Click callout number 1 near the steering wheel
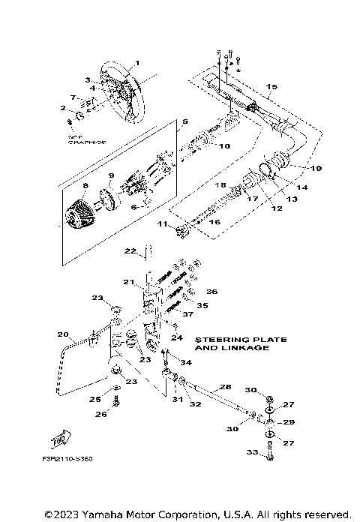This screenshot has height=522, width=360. tap(137, 63)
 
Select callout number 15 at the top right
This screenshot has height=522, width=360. tap(271, 87)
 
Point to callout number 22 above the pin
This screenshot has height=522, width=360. tap(129, 250)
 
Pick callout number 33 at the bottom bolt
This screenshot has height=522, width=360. tap(253, 474)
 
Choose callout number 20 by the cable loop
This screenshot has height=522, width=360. tap(62, 334)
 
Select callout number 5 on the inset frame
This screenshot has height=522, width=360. tap(185, 121)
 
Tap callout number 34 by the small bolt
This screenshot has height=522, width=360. tap(186, 362)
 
